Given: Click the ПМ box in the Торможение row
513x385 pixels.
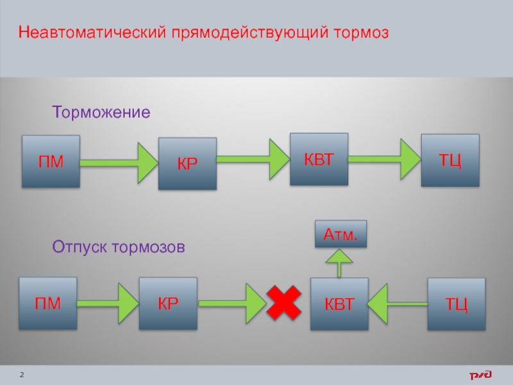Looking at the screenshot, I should coord(51,161).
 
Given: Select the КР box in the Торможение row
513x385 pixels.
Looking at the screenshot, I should coord(188,164).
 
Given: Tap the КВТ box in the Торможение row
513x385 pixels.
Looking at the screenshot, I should coord(319,159).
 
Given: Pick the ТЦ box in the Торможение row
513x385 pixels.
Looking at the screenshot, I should coord(450,160).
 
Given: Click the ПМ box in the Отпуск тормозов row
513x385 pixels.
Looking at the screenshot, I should coord(48,304).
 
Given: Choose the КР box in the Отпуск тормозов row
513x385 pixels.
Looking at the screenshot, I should coord(168,304).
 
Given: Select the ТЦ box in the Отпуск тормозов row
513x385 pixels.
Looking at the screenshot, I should coord(457,304).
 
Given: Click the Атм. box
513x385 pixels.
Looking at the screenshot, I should coord(340,235).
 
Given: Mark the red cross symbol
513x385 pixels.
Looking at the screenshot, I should coord(284,303).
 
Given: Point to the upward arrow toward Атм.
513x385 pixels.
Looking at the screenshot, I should coord(340,262).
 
